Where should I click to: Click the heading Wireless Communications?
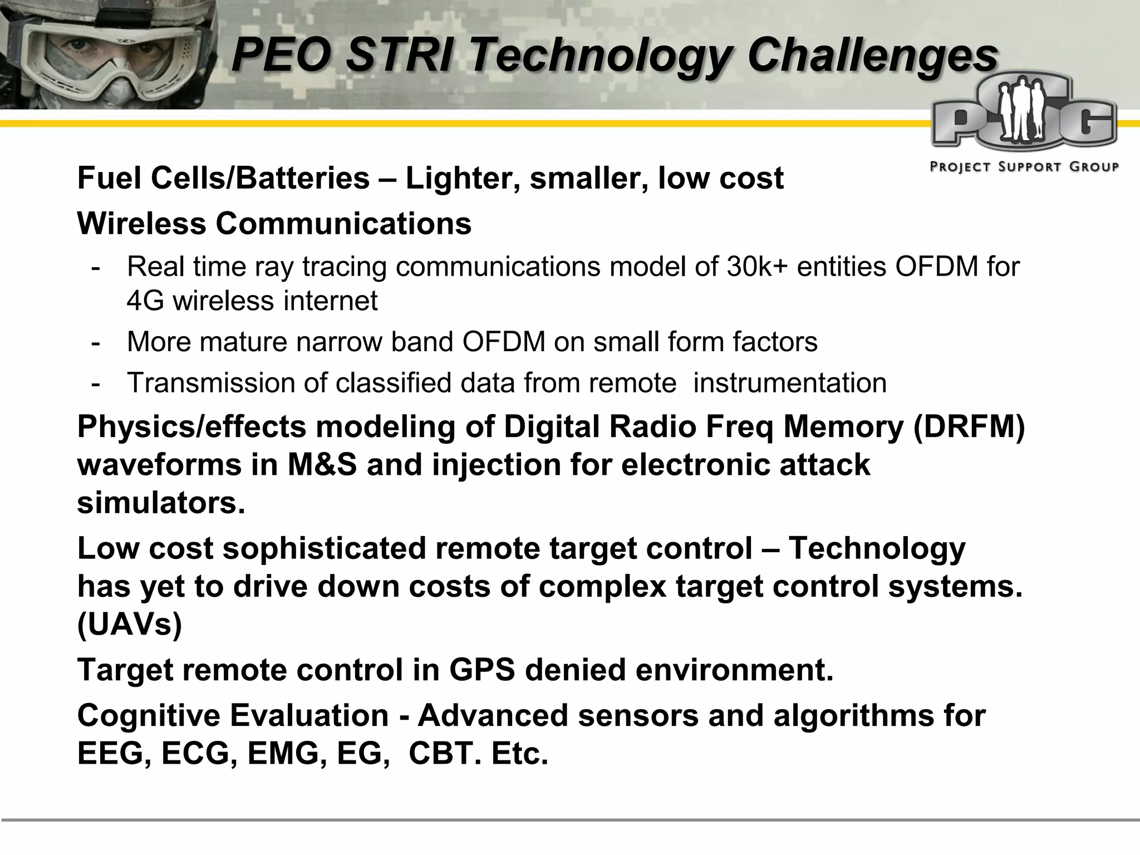coord(274,224)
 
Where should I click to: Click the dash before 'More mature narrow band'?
coord(96,342)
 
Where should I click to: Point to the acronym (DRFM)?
coord(969,427)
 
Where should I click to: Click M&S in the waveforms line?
coord(322,465)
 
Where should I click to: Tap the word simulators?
coord(161,503)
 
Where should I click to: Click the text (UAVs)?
coord(129,625)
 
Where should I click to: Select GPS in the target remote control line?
coord(482,670)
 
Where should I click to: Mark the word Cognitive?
coord(149,715)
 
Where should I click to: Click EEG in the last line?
coord(114,754)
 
